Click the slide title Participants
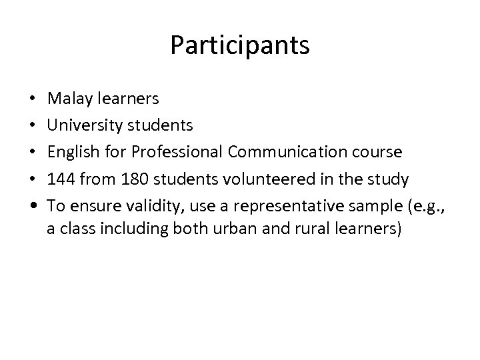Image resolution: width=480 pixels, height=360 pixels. tap(240, 45)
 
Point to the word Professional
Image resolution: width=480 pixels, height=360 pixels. tap(177, 152)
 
